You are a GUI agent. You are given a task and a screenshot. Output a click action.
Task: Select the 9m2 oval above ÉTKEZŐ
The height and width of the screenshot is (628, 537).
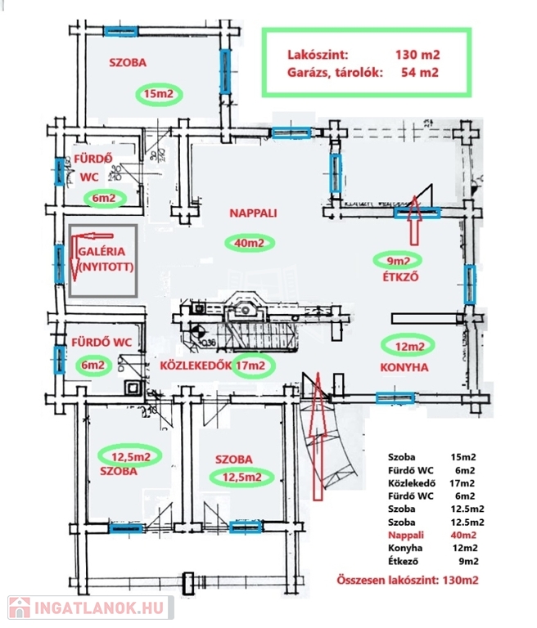[396, 262]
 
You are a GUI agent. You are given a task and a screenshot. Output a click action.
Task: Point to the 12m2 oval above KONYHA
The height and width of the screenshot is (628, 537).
[409, 348]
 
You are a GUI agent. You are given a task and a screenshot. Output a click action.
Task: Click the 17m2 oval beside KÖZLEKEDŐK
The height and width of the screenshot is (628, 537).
[250, 366]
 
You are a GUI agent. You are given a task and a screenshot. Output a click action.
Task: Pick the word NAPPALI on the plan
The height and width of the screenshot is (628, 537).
[253, 213]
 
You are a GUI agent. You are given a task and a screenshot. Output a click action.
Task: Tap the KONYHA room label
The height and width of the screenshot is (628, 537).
[404, 368]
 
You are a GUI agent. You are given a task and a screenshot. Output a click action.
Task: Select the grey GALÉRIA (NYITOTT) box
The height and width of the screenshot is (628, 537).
[103, 259]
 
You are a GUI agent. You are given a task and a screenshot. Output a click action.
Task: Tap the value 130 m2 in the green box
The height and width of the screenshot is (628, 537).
[417, 55]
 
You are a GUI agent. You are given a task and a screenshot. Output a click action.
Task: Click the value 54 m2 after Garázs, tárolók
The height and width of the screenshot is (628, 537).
[421, 73]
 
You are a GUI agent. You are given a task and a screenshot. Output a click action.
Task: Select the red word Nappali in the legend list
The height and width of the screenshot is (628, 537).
[407, 534]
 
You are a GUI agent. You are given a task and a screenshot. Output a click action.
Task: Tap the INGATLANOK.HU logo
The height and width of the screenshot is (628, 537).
[88, 608]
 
